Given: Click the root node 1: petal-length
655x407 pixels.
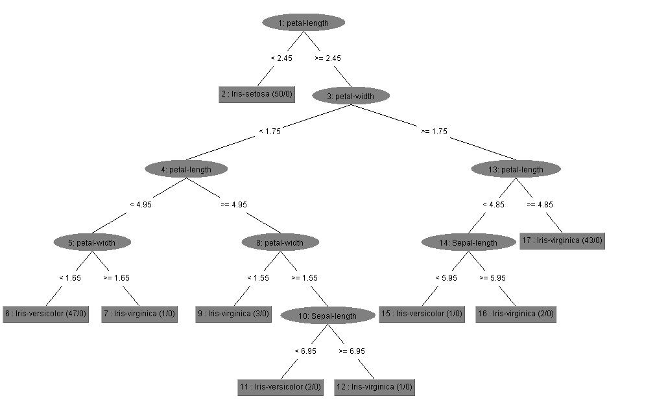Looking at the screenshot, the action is (304, 23).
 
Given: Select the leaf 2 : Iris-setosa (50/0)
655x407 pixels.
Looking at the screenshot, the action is (257, 95).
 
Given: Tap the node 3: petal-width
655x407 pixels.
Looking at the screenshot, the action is (351, 96).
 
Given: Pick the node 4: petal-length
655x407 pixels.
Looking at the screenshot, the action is (186, 169).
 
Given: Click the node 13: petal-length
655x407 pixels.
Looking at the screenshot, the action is (516, 169).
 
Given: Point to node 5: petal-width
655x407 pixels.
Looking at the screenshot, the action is (92, 242).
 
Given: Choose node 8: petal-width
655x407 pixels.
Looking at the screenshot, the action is (280, 242).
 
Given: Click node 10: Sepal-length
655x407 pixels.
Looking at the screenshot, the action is (328, 316).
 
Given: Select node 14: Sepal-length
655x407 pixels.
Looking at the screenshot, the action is (469, 242).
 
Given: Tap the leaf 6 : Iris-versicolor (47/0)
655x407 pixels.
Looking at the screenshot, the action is (46, 314).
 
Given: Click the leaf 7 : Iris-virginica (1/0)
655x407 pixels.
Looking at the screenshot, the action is (139, 314).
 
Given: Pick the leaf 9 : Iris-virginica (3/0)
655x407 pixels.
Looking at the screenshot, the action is (234, 314).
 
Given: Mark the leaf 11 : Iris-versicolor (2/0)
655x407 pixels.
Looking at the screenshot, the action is (280, 387).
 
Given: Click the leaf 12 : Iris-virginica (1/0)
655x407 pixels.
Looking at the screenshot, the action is (374, 387).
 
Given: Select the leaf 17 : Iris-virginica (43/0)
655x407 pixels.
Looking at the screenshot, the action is (562, 241).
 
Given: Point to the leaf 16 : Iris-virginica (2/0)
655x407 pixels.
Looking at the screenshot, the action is (516, 314).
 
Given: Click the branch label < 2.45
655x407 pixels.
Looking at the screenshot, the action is (281, 58).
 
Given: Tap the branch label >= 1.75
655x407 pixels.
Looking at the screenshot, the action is (434, 131).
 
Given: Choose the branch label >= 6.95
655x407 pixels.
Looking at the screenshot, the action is (351, 351).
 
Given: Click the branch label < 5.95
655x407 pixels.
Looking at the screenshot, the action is (446, 277).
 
